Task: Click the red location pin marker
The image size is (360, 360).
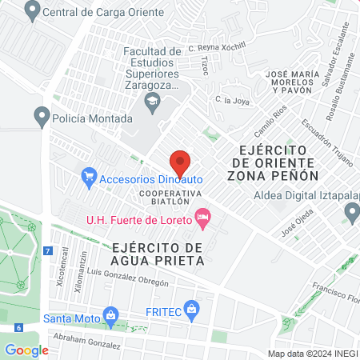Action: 180,162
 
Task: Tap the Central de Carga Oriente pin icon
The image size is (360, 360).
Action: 32,11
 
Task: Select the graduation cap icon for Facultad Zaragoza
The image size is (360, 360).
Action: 150,100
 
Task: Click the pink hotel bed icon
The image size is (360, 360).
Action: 203,218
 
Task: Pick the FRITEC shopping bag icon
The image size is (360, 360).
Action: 191,307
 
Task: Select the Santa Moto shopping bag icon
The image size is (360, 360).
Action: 110,317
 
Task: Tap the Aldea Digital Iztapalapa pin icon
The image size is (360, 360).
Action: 351,212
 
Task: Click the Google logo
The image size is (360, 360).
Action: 26,350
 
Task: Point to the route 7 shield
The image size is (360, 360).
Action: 49,251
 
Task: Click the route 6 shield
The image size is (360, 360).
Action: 18,327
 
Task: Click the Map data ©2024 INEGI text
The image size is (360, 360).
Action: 312,353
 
